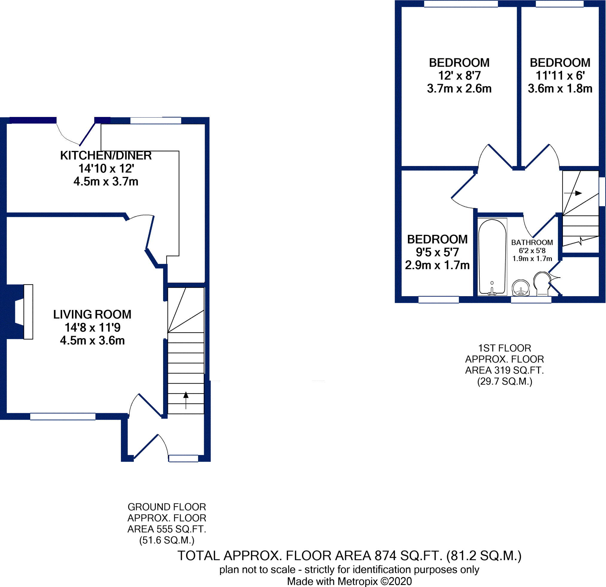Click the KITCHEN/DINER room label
click(x=106, y=156)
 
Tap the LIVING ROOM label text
click(x=92, y=314)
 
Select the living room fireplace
click(x=24, y=311)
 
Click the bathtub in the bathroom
click(x=492, y=257)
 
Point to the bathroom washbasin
click(x=521, y=288)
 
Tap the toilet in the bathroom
click(x=542, y=283)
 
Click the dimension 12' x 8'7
click(x=459, y=76)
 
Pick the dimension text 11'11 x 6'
click(x=560, y=76)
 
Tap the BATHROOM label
click(x=532, y=243)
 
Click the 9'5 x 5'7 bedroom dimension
click(x=437, y=252)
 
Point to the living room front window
click(x=63, y=416)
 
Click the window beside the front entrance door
click(x=183, y=458)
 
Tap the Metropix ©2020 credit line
click(x=349, y=581)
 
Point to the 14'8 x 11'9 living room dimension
click(x=92, y=327)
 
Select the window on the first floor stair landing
click(x=602, y=191)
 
